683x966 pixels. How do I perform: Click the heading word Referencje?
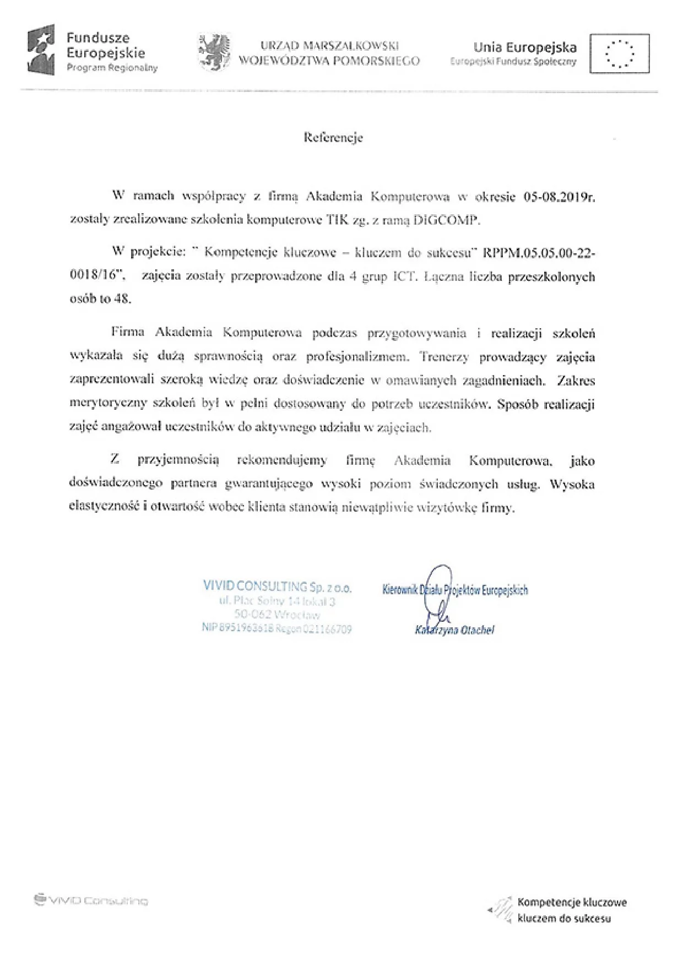point(333,138)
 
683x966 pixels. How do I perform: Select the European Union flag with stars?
point(619,53)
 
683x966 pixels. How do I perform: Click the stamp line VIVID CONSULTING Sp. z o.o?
point(277,587)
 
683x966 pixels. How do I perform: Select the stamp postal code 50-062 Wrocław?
point(277,614)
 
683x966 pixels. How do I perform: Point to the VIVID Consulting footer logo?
point(91,901)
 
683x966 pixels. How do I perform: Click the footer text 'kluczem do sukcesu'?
point(564,918)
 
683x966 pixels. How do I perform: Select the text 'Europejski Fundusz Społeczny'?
point(513,62)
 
